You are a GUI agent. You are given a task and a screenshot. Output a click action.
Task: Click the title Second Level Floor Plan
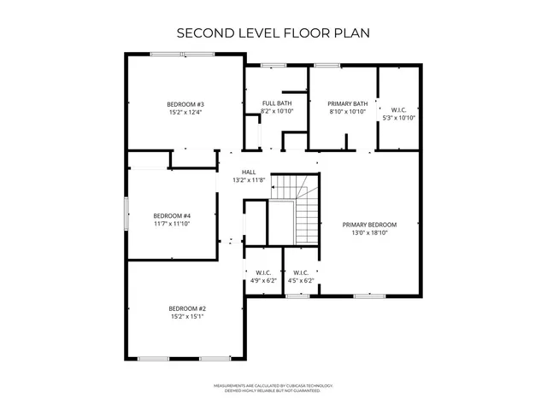pos(273,33)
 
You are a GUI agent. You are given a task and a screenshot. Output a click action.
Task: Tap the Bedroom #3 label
pos(185,104)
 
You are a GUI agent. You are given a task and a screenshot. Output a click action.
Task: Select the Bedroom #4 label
pos(172,215)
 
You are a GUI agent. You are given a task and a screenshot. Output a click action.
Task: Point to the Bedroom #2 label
pos(186,308)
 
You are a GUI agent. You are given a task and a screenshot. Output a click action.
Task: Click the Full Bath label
pos(276,104)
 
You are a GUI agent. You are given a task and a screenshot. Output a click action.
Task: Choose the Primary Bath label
pos(348,104)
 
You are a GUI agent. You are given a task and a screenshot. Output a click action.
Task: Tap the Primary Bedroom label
pos(370,225)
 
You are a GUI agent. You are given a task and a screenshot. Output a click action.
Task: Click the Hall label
pos(249,172)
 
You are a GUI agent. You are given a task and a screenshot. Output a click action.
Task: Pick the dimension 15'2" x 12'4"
pos(185,112)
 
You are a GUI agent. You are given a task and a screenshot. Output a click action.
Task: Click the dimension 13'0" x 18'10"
pos(370,232)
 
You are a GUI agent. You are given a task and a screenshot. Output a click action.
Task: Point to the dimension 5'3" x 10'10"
pos(398,117)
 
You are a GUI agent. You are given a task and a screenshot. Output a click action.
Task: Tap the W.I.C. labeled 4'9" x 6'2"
pos(262,276)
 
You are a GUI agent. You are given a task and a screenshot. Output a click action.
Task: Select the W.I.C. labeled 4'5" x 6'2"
pos(300,276)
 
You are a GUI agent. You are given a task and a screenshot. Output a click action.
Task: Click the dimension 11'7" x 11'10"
pos(172,223)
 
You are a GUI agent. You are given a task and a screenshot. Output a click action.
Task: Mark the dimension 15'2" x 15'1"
pos(186,316)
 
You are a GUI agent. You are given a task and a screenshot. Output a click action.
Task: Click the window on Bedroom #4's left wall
pos(126,213)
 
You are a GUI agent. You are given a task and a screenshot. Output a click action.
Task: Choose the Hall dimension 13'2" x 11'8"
pos(249,180)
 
